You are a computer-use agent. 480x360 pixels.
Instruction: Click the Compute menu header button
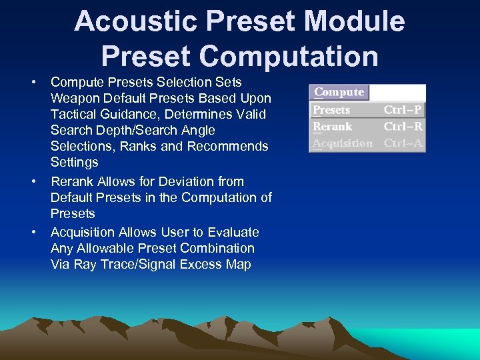(x=339, y=92)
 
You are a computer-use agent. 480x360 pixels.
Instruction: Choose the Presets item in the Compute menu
(x=331, y=110)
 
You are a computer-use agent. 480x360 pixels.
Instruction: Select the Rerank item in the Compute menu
(x=332, y=127)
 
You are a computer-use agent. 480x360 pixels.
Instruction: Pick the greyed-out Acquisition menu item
(x=343, y=143)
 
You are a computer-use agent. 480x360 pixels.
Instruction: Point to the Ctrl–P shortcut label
(x=402, y=110)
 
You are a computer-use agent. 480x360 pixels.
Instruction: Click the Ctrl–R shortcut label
(x=402, y=127)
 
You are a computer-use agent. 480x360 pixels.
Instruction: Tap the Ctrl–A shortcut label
(x=402, y=143)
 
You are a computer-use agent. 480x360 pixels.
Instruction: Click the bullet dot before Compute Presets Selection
(x=33, y=82)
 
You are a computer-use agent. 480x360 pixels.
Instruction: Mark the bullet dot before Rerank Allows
(x=33, y=181)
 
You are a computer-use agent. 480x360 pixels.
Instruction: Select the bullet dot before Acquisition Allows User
(x=33, y=232)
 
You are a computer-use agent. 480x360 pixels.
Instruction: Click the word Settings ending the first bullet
(x=74, y=162)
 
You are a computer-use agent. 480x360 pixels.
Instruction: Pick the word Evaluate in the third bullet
(x=233, y=232)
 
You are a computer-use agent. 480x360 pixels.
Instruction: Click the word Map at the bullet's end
(x=238, y=264)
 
